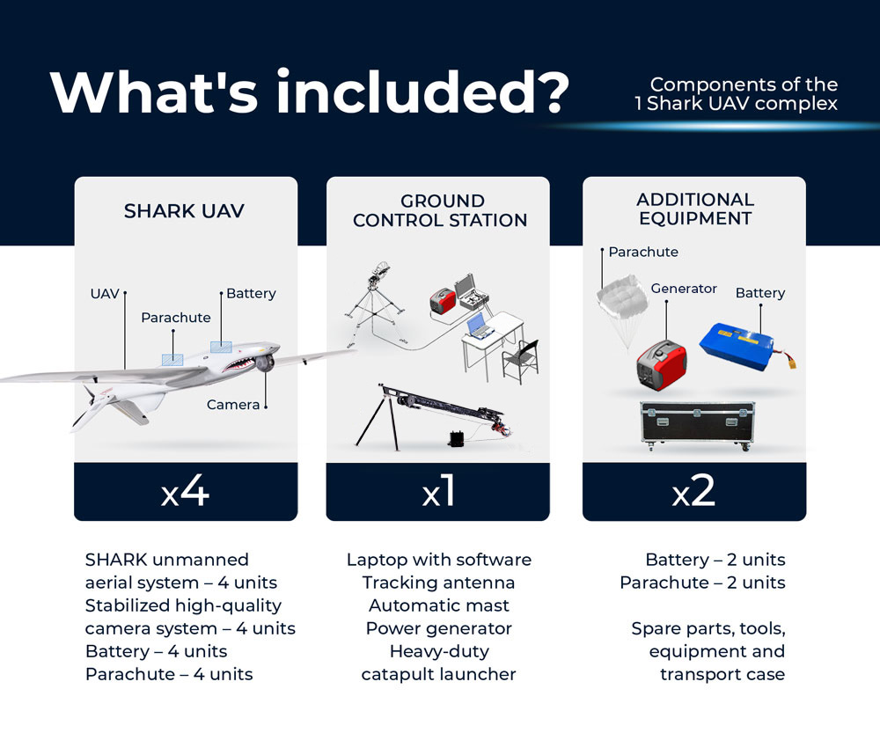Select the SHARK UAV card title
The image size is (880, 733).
[x=184, y=211]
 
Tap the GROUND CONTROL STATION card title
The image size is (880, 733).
[x=440, y=210]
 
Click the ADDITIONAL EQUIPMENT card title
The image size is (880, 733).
[x=695, y=209]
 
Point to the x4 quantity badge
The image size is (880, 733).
[x=185, y=492]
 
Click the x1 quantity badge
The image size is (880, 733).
[x=439, y=492]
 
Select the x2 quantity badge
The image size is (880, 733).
[x=693, y=492]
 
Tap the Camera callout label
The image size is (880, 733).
[x=233, y=405]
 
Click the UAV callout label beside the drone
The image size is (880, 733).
[x=105, y=294]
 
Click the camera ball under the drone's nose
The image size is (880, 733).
[x=266, y=363]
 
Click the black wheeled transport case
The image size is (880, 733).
[x=697, y=426]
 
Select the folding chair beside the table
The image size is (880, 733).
[x=521, y=361]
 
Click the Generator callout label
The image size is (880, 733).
[x=684, y=289]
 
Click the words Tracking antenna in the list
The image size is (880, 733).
[x=438, y=583]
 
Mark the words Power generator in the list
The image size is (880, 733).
[x=439, y=628]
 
